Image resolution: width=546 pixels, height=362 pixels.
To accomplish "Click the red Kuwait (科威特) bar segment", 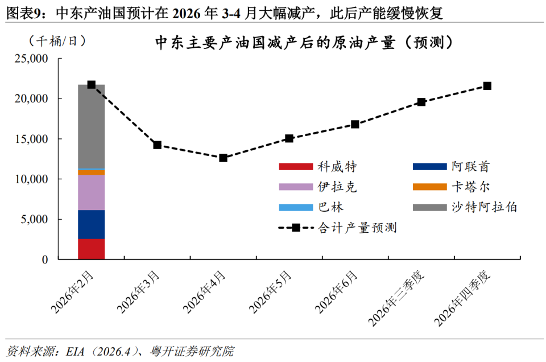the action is click(x=91, y=249).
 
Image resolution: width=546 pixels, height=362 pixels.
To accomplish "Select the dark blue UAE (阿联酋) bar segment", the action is click(x=91, y=224).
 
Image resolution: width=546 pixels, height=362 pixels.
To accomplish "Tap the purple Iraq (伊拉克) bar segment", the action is click(x=91, y=192).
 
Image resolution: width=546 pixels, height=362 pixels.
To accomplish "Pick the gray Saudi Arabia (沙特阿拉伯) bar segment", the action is click(x=91, y=126).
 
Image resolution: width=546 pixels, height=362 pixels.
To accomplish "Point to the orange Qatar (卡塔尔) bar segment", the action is click(x=91, y=172).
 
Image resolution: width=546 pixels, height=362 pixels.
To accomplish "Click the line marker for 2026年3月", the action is click(x=158, y=145).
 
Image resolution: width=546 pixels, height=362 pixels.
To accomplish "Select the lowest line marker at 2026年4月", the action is click(x=223, y=158).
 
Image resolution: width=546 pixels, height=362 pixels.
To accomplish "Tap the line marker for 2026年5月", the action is click(x=289, y=138).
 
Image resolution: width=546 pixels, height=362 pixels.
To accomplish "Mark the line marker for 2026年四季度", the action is click(x=487, y=86).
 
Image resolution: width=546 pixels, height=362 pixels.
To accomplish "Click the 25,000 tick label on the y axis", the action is click(x=31, y=59).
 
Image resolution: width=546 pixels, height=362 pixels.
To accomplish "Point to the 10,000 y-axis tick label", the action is click(x=31, y=179).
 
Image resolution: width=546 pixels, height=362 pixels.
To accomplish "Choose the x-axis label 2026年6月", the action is click(x=336, y=292).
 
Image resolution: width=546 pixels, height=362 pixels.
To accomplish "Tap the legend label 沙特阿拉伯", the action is click(x=485, y=207).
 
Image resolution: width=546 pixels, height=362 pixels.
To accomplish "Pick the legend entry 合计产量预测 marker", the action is click(x=296, y=228).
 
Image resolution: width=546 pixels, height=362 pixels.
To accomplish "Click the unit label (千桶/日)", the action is click(x=57, y=42).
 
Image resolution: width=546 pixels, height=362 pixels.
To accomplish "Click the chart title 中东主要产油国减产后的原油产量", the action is click(x=275, y=43).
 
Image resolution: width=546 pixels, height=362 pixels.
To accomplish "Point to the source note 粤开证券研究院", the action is click(x=192, y=351).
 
